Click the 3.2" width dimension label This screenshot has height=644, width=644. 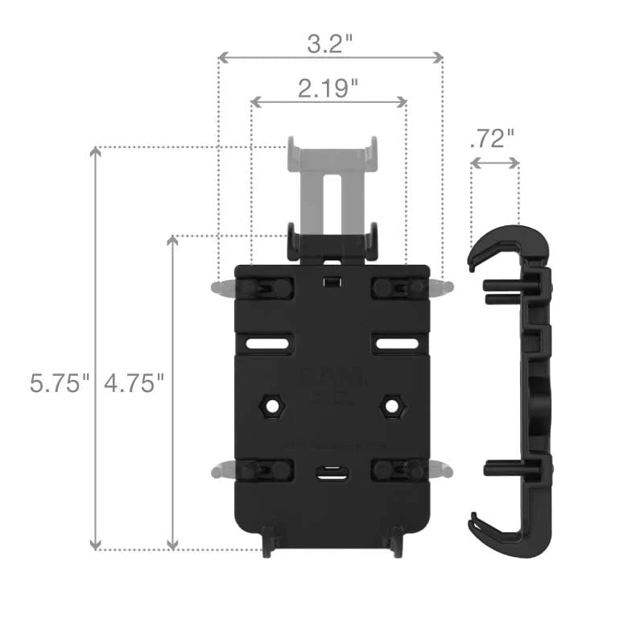pyautogui.click(x=330, y=43)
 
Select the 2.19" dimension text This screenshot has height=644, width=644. pyautogui.click(x=328, y=89)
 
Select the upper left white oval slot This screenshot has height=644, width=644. pyautogui.click(x=268, y=344)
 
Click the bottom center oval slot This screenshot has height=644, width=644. pyautogui.click(x=330, y=474)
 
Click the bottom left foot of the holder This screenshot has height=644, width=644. pyautogui.click(x=268, y=544)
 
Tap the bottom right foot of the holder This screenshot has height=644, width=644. pyautogui.click(x=394, y=544)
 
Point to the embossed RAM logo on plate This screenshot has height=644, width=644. pyautogui.click(x=330, y=378)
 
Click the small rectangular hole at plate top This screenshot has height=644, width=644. pyautogui.click(x=330, y=282)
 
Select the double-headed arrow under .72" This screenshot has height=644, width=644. pyautogui.click(x=494, y=163)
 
